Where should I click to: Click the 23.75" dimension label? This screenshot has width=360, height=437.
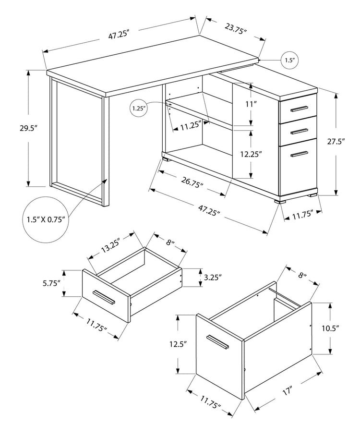235,30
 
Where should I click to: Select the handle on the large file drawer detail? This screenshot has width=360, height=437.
217,342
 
